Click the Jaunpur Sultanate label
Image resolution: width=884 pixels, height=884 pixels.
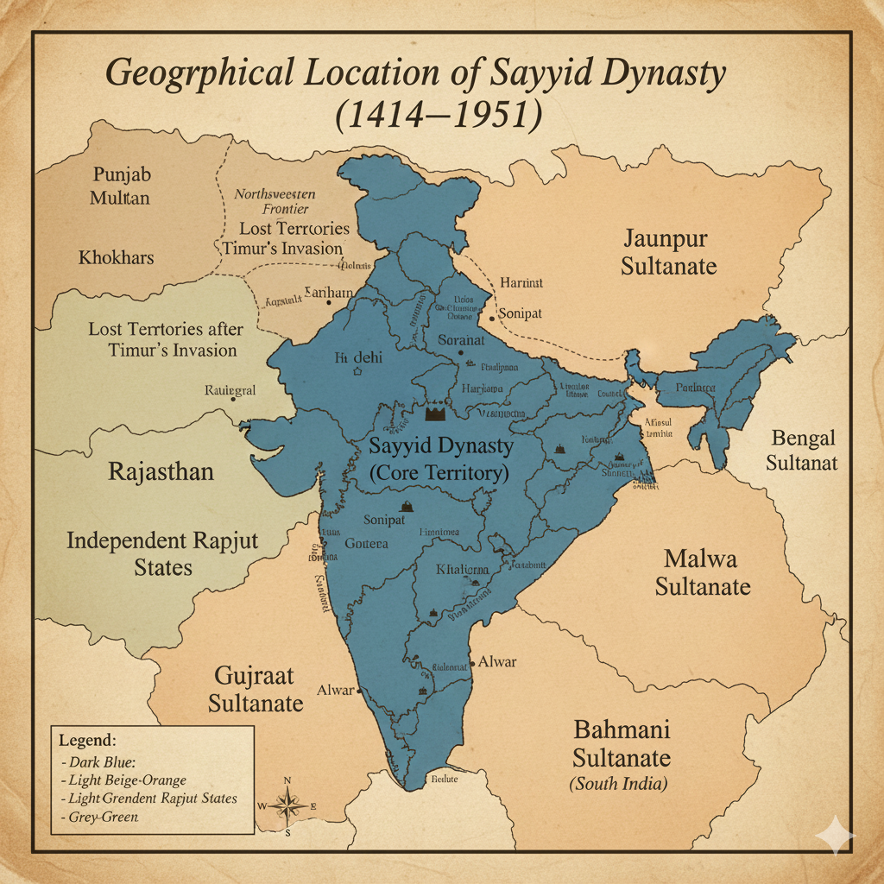click(669, 251)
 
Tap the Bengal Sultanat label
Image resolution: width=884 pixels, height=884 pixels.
click(805, 450)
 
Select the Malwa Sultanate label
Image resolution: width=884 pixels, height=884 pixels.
click(702, 572)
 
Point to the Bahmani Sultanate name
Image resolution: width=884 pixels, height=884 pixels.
click(622, 743)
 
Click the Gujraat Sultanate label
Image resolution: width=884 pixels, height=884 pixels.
click(256, 688)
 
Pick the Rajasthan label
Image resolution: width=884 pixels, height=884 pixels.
click(161, 472)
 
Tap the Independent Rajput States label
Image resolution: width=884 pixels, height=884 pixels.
click(162, 554)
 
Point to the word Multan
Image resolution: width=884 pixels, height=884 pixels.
click(120, 198)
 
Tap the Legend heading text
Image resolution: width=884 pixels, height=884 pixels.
click(87, 741)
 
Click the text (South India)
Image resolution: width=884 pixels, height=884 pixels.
click(619, 785)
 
